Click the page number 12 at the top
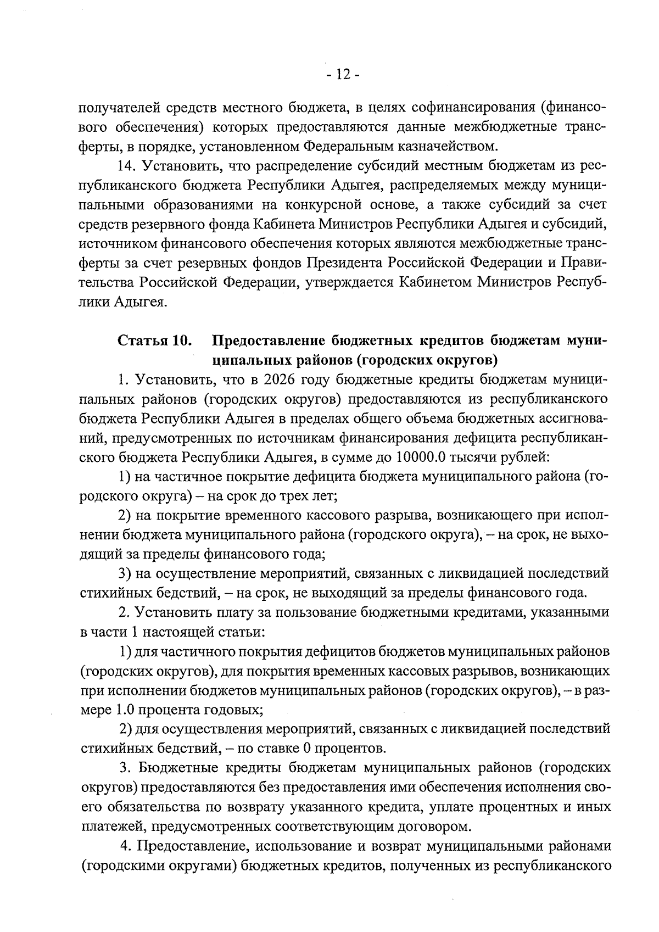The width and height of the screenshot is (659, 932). click(x=343, y=75)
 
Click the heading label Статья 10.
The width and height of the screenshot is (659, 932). click(x=155, y=341)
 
